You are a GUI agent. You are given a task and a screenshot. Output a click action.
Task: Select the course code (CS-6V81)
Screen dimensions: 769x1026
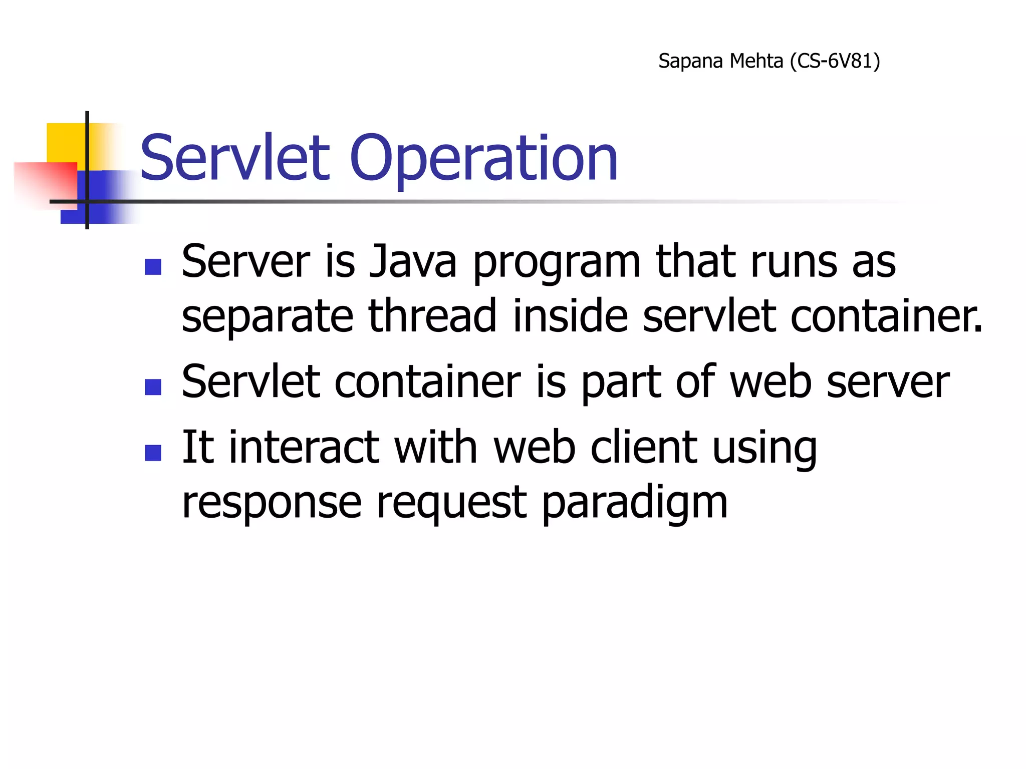835,61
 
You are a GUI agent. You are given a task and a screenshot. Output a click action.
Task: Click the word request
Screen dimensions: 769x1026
451,504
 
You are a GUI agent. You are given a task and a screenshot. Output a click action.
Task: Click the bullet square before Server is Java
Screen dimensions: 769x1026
153,267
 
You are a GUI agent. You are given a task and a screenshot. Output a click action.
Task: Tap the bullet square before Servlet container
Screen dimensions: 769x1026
153,387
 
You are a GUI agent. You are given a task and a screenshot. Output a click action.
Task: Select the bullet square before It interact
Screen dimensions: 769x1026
153,453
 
